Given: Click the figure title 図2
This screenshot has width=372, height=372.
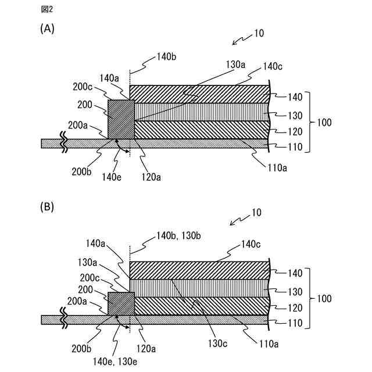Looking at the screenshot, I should click(46, 9).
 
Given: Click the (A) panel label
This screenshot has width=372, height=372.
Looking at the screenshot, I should click(47, 28).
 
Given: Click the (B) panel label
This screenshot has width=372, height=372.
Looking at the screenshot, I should click(47, 206).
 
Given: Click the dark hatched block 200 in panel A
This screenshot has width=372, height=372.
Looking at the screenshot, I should click(121, 119).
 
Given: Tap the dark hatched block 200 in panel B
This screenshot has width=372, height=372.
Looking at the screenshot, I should click(121, 303).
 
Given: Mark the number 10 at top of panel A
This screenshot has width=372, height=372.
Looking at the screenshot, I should click(259, 33).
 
